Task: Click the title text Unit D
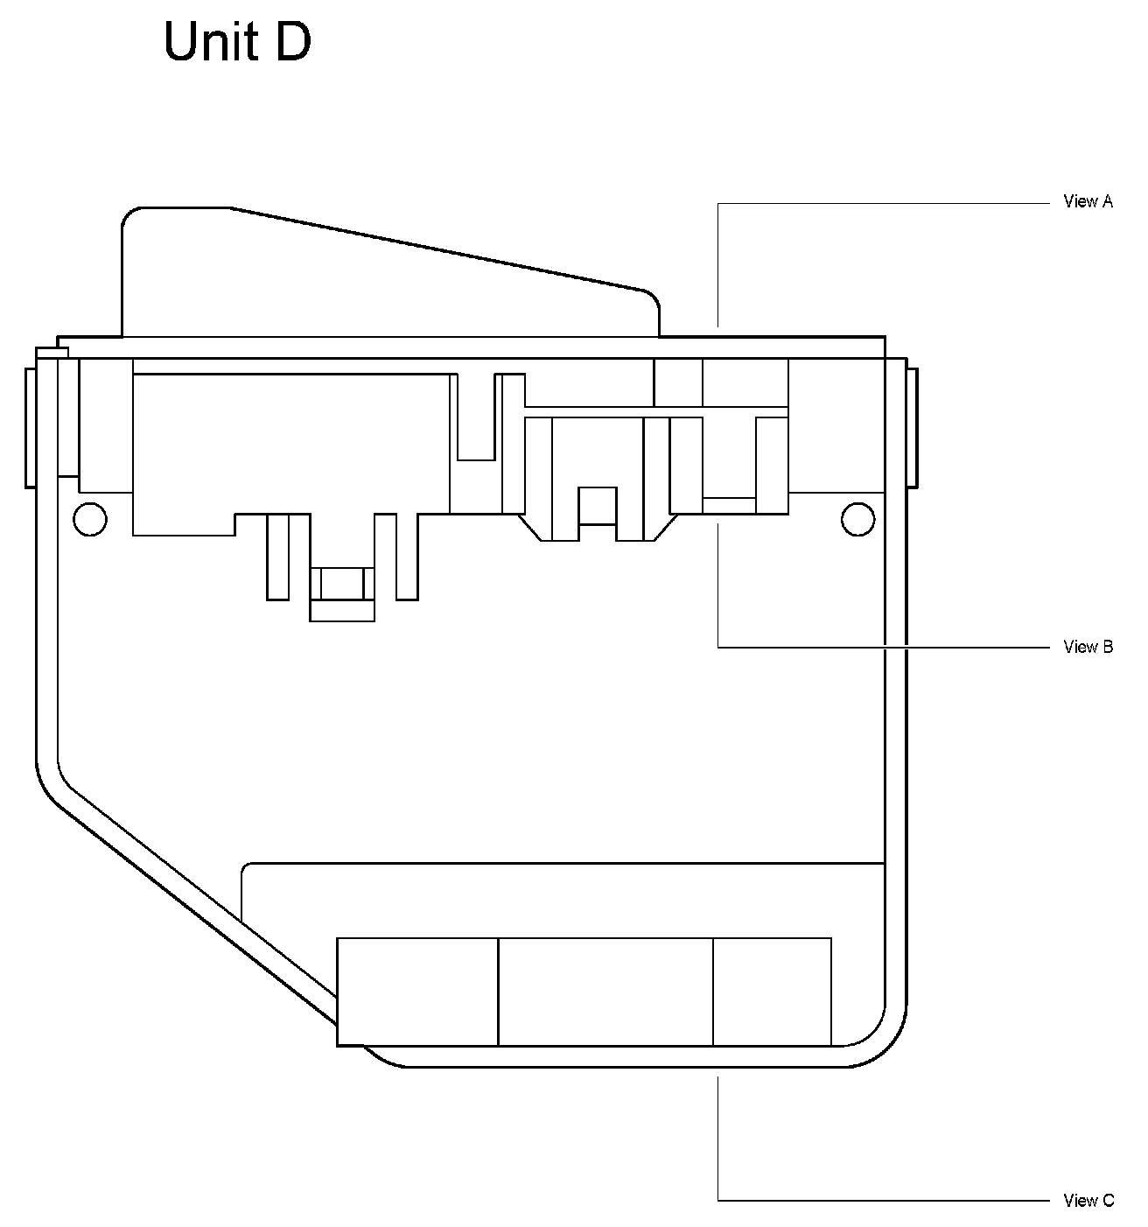[237, 42]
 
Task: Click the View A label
[1088, 201]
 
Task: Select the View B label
[1088, 647]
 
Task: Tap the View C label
[1088, 1201]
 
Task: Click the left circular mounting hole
[89, 519]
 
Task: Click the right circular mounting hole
[857, 519]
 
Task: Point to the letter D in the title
[293, 42]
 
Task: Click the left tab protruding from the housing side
[30, 427]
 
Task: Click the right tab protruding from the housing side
[912, 427]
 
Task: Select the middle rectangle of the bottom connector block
[605, 992]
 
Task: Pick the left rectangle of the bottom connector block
[417, 992]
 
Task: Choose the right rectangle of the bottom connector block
[772, 992]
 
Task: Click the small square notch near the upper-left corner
[52, 352]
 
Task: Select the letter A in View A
[1107, 201]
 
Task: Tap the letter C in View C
[1108, 1201]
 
